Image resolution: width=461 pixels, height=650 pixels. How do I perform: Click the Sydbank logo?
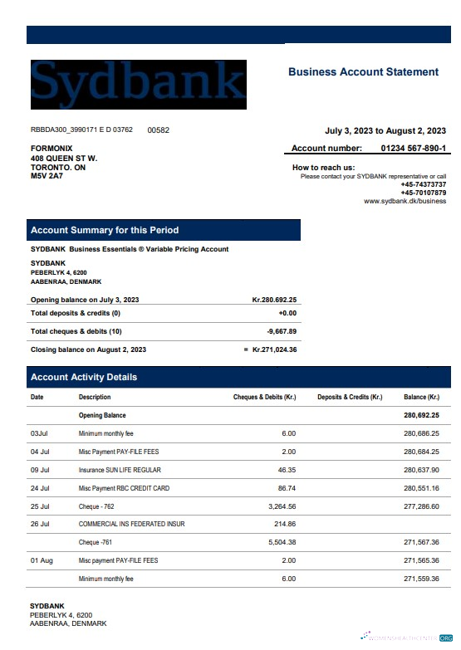point(139,84)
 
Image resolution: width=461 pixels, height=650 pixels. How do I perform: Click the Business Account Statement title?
point(363,72)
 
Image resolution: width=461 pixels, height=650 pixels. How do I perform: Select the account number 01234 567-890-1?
point(413,149)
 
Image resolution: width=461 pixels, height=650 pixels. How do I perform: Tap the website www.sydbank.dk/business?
point(405,201)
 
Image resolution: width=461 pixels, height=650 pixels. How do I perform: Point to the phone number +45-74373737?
point(423,184)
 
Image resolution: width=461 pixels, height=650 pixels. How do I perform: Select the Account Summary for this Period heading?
point(105,230)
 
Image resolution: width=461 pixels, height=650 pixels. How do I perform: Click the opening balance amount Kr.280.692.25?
point(274,300)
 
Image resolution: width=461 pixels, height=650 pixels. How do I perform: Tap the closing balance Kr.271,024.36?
point(274,349)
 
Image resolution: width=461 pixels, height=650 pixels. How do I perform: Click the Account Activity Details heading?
point(84,377)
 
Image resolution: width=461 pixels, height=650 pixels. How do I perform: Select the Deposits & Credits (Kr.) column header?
point(350,398)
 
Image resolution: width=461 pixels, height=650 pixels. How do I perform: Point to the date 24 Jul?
point(40,488)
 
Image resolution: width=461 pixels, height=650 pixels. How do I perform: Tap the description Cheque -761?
point(96,542)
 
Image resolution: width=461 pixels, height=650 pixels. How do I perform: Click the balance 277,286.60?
point(421,506)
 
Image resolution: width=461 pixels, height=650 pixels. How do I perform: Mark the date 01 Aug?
point(42,560)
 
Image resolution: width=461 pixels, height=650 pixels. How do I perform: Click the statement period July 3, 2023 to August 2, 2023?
point(385,130)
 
